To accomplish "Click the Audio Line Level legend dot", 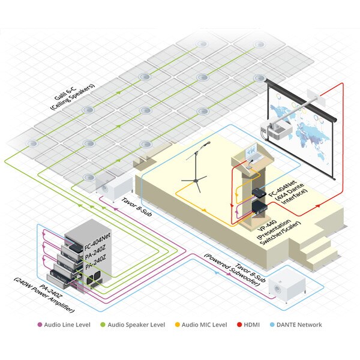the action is (x=40, y=325).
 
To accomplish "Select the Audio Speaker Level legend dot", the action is (x=103, y=325).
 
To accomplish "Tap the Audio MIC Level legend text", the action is (x=205, y=325).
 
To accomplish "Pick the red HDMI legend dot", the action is (x=239, y=325).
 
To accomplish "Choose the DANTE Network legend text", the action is (x=299, y=325).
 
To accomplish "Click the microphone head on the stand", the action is (x=208, y=143).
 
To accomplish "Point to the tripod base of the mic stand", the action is (x=194, y=182).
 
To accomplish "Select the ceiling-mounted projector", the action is (x=276, y=130).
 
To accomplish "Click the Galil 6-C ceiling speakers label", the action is (x=73, y=97).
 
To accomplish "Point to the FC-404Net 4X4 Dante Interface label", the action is (x=287, y=193).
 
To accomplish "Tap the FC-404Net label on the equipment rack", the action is (x=97, y=241).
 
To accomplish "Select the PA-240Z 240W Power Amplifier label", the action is (x=44, y=298).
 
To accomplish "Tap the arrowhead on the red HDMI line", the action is (x=318, y=206).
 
